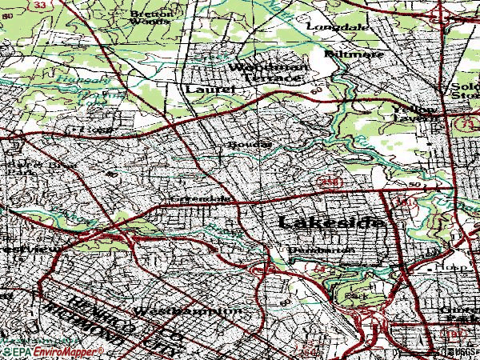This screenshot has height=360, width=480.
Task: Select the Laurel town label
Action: pyautogui.click(x=210, y=90)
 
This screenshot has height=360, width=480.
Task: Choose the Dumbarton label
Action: pyautogui.click(x=322, y=250)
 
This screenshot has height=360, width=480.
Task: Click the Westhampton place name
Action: pyautogui.click(x=188, y=310)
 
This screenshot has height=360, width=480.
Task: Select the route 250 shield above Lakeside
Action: pyautogui.click(x=333, y=183)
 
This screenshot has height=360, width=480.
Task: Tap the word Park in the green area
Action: pyautogui.click(x=354, y=295)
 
